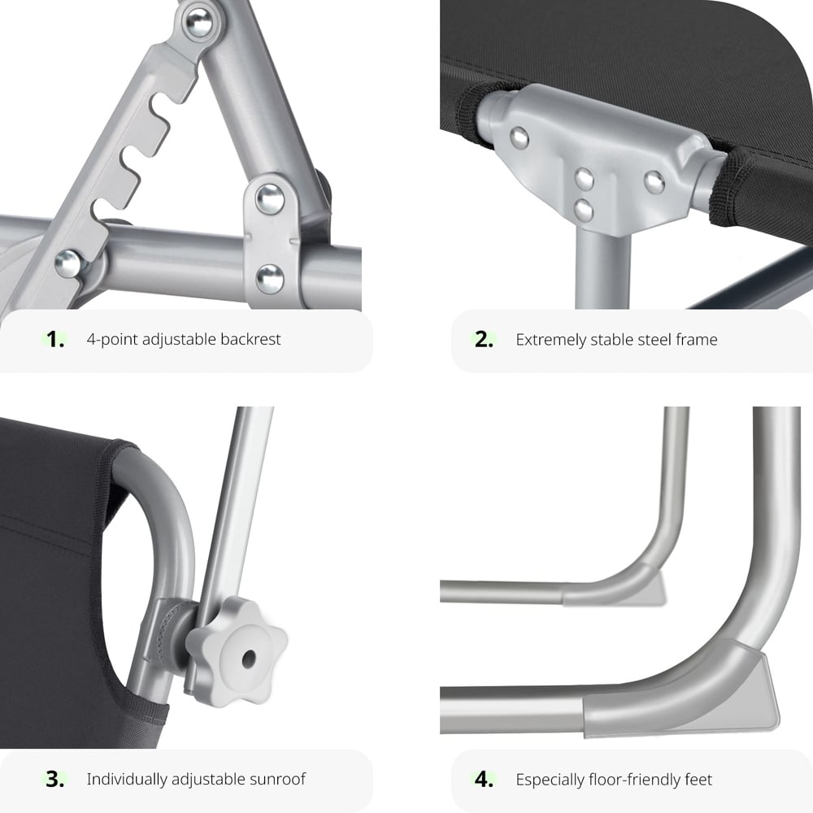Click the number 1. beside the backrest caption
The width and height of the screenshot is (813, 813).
55,339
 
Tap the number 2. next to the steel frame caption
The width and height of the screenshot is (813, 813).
484,339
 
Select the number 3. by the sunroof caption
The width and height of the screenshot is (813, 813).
55,779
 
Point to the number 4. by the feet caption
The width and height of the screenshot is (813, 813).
484,779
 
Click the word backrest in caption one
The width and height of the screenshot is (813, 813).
250,339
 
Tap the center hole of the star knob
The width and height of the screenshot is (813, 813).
249,659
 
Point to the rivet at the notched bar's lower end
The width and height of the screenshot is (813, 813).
68,263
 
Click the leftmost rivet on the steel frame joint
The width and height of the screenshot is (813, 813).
519,138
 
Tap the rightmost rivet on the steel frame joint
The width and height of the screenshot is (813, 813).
654,182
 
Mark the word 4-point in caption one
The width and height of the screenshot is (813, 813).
112,339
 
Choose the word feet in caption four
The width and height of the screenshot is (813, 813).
698,780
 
